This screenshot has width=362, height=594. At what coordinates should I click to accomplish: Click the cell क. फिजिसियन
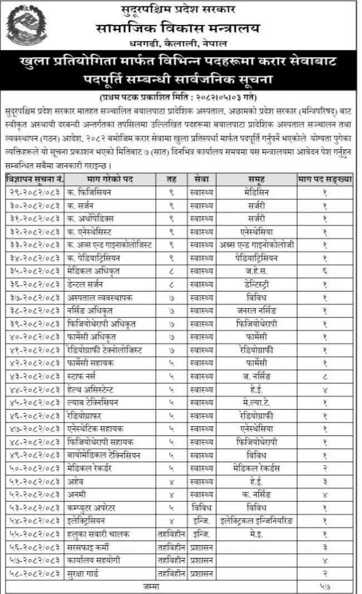pos(89,192)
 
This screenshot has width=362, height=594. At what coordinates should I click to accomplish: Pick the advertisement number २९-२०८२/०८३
pos(35,192)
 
